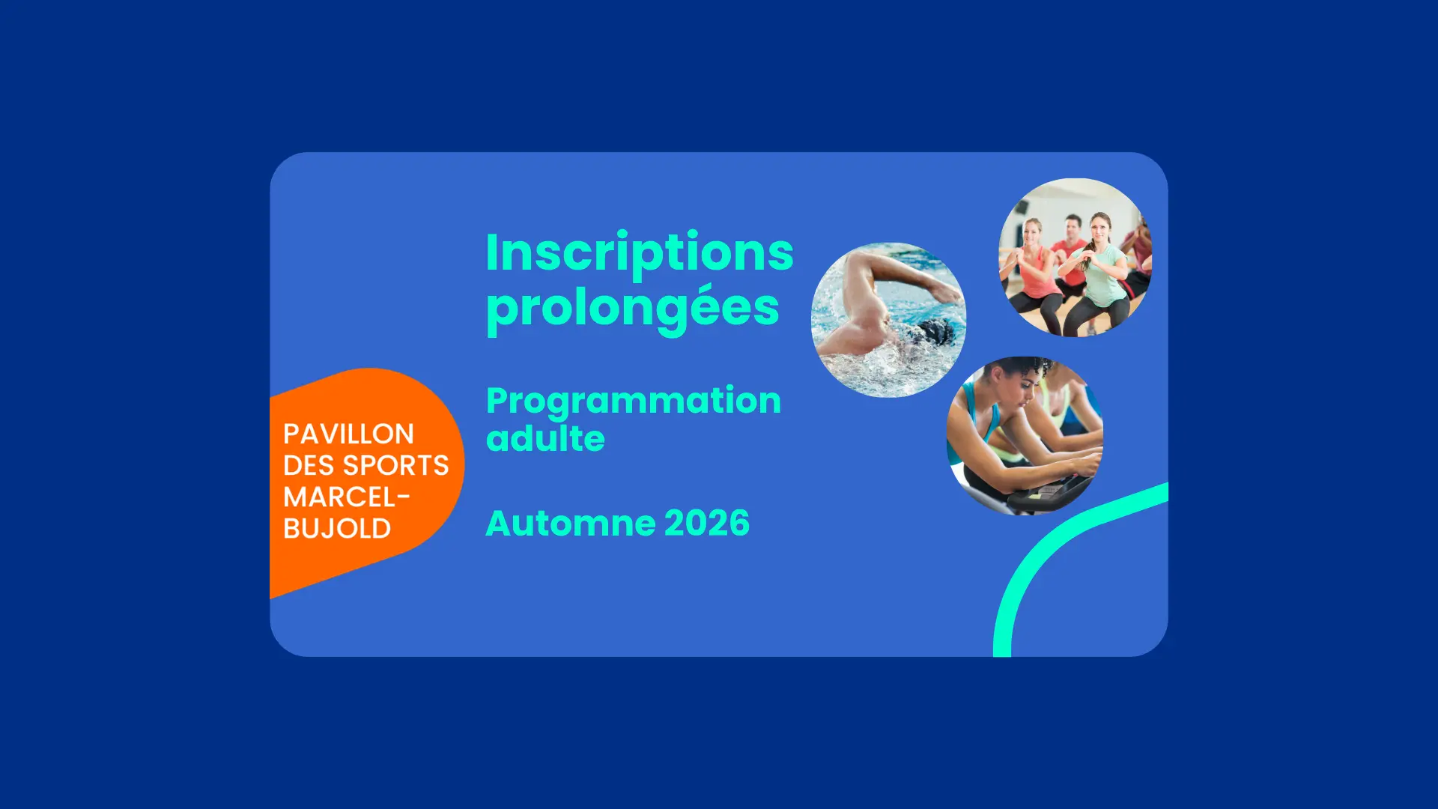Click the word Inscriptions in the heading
tap(640, 252)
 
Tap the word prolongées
tap(634, 309)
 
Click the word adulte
tap(545, 437)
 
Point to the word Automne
tap(571, 523)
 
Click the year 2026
tap(706, 523)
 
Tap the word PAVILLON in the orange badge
tap(348, 434)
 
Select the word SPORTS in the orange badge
tap(395, 465)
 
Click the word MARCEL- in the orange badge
tap(347, 497)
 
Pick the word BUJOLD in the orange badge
tap(337, 528)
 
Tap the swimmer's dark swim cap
tap(935, 331)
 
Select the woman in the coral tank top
tap(1034, 270)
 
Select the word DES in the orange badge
tap(309, 465)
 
